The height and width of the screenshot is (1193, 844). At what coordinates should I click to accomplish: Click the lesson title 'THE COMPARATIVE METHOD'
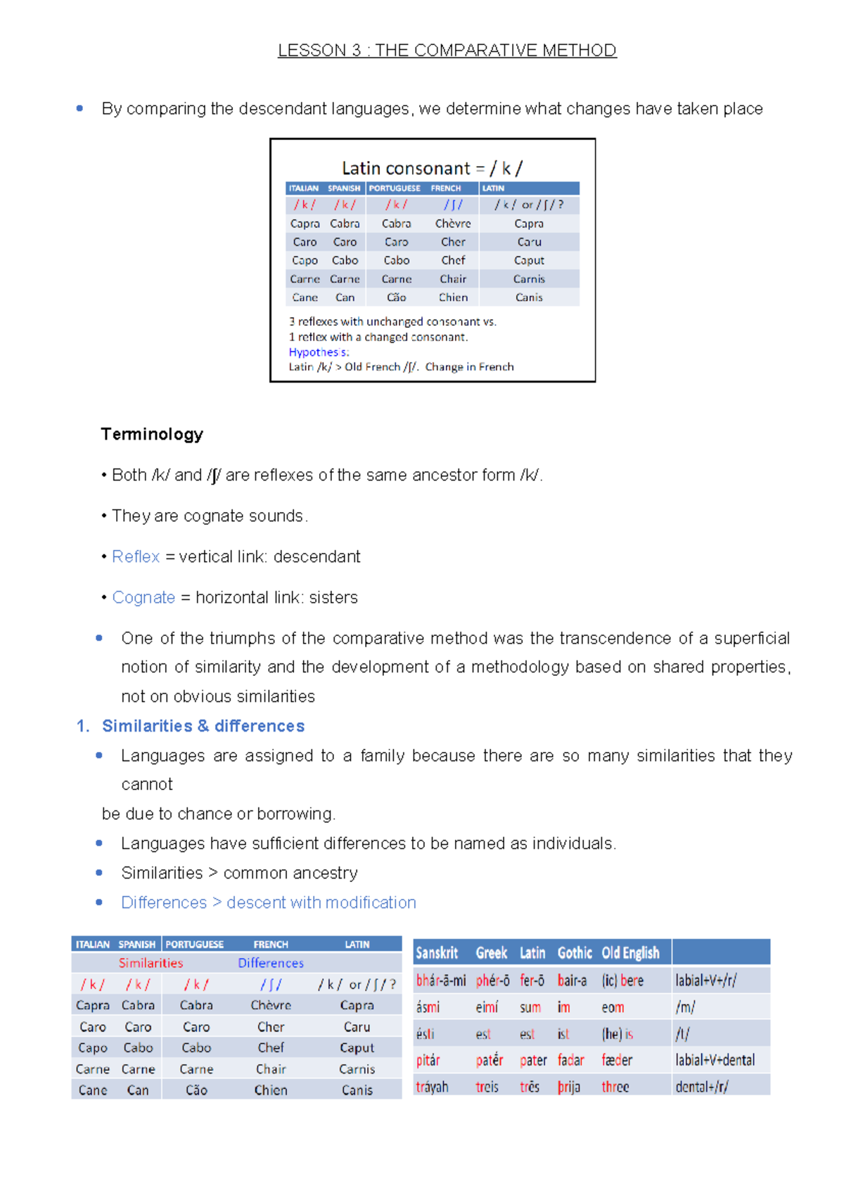pyautogui.click(x=495, y=51)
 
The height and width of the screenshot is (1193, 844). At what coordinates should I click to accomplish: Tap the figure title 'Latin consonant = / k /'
pyautogui.click(x=432, y=168)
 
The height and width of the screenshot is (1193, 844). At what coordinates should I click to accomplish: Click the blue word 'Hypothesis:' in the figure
pyautogui.click(x=319, y=352)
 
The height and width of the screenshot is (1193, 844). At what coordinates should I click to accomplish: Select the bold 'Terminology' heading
pyautogui.click(x=152, y=434)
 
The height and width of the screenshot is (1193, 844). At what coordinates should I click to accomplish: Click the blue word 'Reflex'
pyautogui.click(x=136, y=556)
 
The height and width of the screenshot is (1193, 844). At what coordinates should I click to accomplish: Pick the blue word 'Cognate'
pyautogui.click(x=143, y=597)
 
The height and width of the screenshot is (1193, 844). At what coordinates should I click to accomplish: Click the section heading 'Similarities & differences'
pyautogui.click(x=203, y=726)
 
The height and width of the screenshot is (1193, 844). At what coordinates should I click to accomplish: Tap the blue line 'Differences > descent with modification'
pyautogui.click(x=269, y=902)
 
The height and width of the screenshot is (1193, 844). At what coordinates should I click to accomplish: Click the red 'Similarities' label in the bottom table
pyautogui.click(x=151, y=963)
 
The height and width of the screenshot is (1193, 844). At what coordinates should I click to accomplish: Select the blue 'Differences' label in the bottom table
pyautogui.click(x=271, y=963)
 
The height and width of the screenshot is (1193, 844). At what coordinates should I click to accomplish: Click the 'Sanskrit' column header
pyautogui.click(x=437, y=953)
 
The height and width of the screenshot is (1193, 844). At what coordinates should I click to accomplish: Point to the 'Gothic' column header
pyautogui.click(x=575, y=953)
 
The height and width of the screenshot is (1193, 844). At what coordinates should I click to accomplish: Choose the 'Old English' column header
pyautogui.click(x=630, y=953)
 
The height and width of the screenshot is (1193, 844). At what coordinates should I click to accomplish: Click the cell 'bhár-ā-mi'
pyautogui.click(x=441, y=981)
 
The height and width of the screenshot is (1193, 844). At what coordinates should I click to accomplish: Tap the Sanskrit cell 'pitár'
pyautogui.click(x=428, y=1060)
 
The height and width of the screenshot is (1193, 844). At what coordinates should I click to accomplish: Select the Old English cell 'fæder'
pyautogui.click(x=617, y=1060)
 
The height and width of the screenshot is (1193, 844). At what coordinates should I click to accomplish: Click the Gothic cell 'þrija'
pyautogui.click(x=569, y=1087)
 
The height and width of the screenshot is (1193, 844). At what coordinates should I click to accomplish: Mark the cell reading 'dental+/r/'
pyautogui.click(x=702, y=1087)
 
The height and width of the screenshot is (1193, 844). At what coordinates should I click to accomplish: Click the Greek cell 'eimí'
pyautogui.click(x=487, y=1007)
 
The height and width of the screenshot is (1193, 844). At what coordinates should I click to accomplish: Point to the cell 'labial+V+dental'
pyautogui.click(x=715, y=1060)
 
